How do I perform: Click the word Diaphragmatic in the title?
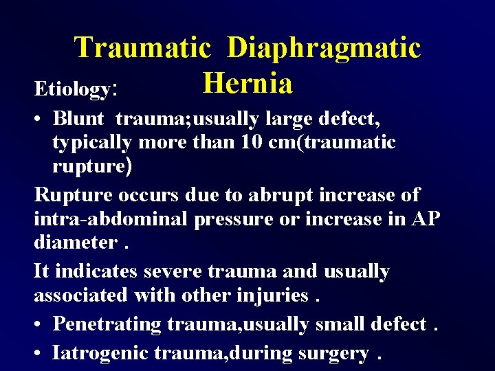(x=323, y=48)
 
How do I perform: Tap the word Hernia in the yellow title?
(x=247, y=83)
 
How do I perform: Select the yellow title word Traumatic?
(x=142, y=48)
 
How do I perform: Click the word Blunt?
(x=78, y=118)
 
